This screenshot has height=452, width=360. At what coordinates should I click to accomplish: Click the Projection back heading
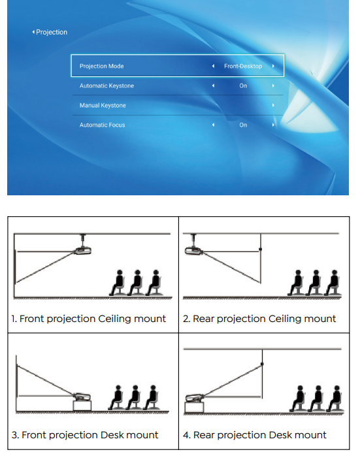[50, 32]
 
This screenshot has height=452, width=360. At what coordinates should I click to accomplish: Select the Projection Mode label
[101, 66]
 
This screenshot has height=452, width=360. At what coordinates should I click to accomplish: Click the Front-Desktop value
[243, 66]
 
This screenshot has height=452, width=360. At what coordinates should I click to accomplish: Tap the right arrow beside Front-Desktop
[273, 66]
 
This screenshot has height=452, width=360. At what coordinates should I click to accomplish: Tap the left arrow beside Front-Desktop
[213, 66]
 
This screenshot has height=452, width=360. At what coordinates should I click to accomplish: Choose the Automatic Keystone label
[106, 86]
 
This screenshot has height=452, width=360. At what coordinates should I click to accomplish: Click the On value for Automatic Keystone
[243, 86]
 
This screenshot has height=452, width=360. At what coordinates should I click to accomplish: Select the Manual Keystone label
[103, 105]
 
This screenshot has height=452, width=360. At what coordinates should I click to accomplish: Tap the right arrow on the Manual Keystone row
[273, 105]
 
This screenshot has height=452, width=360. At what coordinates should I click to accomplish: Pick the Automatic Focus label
[103, 125]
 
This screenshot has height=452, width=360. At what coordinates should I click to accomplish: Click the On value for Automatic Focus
[243, 125]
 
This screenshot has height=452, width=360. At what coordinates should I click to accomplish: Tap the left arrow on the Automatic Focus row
[213, 125]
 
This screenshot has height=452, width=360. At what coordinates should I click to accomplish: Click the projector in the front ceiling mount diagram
[82, 251]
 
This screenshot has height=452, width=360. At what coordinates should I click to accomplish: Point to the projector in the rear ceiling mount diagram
[194, 251]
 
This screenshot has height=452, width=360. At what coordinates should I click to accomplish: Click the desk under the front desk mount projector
[82, 406]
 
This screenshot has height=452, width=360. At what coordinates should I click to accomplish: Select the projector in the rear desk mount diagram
[195, 398]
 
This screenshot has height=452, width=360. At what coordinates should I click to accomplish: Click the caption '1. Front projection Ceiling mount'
[88, 319]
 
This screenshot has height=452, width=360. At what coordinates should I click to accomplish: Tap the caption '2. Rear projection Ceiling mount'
[259, 319]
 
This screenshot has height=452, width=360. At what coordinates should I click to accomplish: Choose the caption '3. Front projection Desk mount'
[85, 435]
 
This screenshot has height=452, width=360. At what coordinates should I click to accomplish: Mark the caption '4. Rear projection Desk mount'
[255, 435]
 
